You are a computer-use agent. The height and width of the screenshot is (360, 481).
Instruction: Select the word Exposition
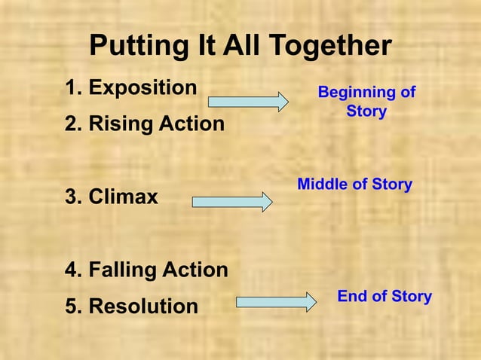point(142,87)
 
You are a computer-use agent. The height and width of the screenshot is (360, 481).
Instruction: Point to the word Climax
point(123,197)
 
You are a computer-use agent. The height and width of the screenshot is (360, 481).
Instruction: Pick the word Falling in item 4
point(124,270)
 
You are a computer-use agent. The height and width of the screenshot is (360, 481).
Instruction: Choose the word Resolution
point(143,307)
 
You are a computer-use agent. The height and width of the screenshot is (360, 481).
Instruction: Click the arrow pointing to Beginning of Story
point(248,102)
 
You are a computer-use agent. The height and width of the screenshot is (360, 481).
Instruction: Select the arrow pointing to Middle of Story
point(232,202)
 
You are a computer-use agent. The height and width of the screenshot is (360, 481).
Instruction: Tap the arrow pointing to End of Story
point(277,302)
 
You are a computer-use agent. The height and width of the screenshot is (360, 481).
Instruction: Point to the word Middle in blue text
point(323,185)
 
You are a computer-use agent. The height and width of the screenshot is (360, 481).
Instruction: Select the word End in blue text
point(351,296)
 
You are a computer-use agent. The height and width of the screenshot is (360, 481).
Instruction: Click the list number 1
point(72,87)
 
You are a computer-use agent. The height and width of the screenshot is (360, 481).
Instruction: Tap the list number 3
point(72,197)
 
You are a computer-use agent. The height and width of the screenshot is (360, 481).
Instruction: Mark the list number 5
point(72,307)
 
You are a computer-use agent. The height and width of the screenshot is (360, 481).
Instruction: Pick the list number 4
point(72,270)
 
